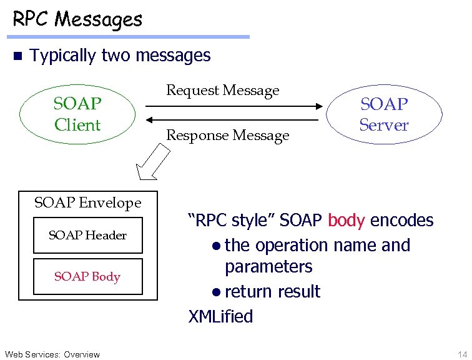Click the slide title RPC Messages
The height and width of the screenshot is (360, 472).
click(x=77, y=20)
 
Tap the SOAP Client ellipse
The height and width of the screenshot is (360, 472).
click(x=77, y=114)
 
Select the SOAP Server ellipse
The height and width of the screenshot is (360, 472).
click(x=384, y=114)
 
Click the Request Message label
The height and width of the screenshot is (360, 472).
click(x=222, y=91)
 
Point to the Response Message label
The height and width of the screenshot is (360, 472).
click(x=227, y=136)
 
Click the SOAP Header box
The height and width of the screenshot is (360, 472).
click(x=87, y=236)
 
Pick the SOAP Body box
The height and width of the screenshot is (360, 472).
click(x=87, y=276)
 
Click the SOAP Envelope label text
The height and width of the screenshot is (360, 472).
click(x=87, y=202)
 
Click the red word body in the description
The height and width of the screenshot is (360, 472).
click(x=347, y=221)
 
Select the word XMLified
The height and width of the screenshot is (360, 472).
click(x=221, y=316)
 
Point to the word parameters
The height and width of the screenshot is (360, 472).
click(x=268, y=267)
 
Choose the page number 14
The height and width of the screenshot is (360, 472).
click(x=462, y=354)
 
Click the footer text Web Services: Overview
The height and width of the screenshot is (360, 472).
click(x=52, y=354)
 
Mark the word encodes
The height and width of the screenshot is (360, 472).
click(x=401, y=221)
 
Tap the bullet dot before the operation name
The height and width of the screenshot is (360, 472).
click(x=216, y=246)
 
